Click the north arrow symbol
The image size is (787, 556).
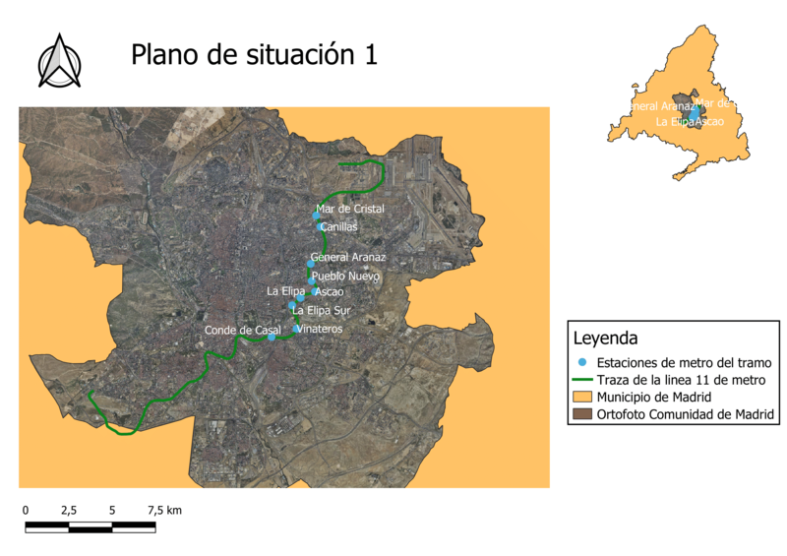pos(59,62)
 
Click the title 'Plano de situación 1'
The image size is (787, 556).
pos(254,55)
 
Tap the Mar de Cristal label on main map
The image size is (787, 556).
pos(349,210)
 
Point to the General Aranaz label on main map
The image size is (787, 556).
pos(349,258)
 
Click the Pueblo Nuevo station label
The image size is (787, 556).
pos(345,277)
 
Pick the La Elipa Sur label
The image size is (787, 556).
pos(322,311)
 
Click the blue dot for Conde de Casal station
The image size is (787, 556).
pos(272,338)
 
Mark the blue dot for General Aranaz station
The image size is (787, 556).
pos(310,264)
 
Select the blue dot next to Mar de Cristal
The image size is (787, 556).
pos(316,216)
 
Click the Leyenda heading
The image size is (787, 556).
pos(606,340)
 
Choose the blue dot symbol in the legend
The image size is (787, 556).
pos(583,362)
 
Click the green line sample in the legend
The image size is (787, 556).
pos(583,380)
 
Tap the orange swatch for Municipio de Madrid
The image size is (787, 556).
pos(583,397)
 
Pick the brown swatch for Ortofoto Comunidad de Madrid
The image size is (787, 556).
pos(583,414)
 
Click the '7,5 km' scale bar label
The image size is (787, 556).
pos(164,511)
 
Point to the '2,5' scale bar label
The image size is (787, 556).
pos(69,511)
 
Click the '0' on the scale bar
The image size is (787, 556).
pos(26,511)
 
